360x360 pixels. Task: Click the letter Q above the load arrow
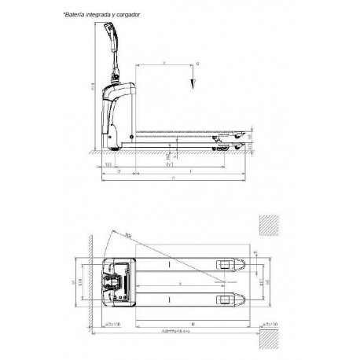tap(197, 62)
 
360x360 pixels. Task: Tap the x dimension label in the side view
tap(163, 61)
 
